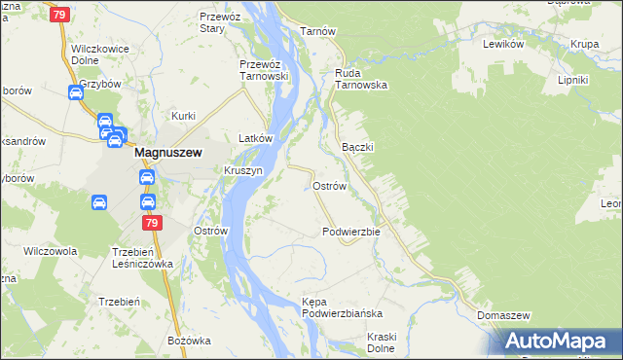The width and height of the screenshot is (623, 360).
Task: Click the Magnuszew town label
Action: pos(167,152)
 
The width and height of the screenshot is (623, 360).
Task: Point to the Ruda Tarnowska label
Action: pos(361,78)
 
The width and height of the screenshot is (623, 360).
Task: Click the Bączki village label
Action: pos(358,146)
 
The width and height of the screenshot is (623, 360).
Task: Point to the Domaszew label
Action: pos(503,317)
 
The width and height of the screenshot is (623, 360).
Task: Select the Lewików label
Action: pos(504,44)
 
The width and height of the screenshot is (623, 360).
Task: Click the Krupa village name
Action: pos(584,44)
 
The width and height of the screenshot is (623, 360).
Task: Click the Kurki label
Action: pos(184,116)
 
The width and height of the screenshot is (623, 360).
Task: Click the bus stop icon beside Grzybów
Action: pos(76,93)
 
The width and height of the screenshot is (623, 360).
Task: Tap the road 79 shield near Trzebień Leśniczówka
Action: pos(152,223)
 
